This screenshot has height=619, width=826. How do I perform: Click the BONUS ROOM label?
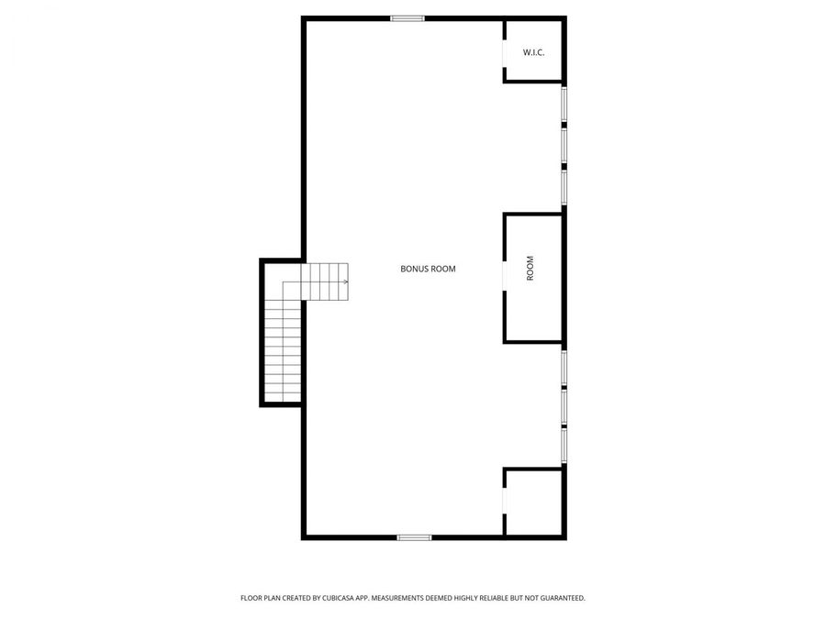tap(428, 270)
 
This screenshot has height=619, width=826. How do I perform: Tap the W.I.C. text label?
tap(533, 52)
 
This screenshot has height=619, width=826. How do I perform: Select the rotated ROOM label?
tap(530, 269)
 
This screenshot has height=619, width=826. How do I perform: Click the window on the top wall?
tap(407, 18)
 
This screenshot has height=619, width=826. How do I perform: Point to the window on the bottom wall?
tap(414, 536)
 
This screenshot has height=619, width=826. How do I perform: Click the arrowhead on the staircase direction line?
tap(346, 282)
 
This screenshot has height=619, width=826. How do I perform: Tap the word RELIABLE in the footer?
tap(497, 598)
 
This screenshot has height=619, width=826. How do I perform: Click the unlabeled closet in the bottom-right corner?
tap(534, 503)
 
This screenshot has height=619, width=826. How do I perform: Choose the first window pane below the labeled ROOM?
tap(564, 366)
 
